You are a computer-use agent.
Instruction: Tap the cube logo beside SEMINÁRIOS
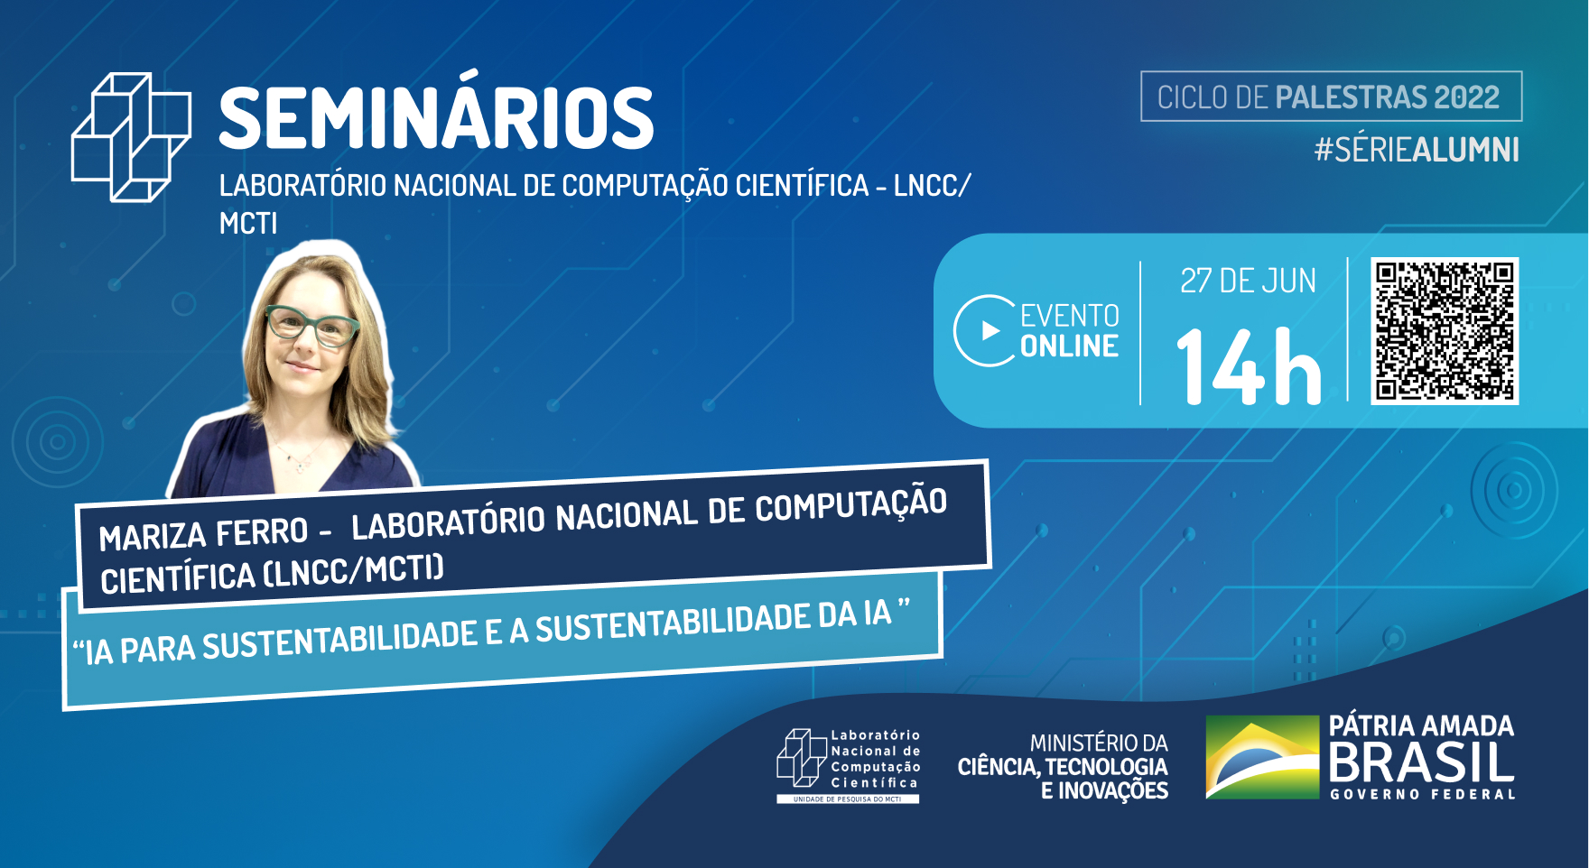coord(131,137)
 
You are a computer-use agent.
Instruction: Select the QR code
coord(1445,331)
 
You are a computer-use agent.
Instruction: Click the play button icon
coord(985,331)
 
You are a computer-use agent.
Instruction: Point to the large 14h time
coord(1249,365)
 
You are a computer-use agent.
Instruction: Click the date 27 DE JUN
coord(1249,282)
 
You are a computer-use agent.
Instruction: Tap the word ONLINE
coord(1070,346)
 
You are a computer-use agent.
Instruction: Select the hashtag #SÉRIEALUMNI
coord(1417,150)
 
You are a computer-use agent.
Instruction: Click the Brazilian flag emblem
coord(1262,757)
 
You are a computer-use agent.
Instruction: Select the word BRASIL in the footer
coord(1421,762)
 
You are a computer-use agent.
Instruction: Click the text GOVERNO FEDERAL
coord(1422,794)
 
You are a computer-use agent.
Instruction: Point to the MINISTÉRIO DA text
coord(1099,743)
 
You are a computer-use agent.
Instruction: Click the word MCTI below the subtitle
coord(248,223)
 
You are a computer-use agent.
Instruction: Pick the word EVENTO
coord(1070,316)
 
